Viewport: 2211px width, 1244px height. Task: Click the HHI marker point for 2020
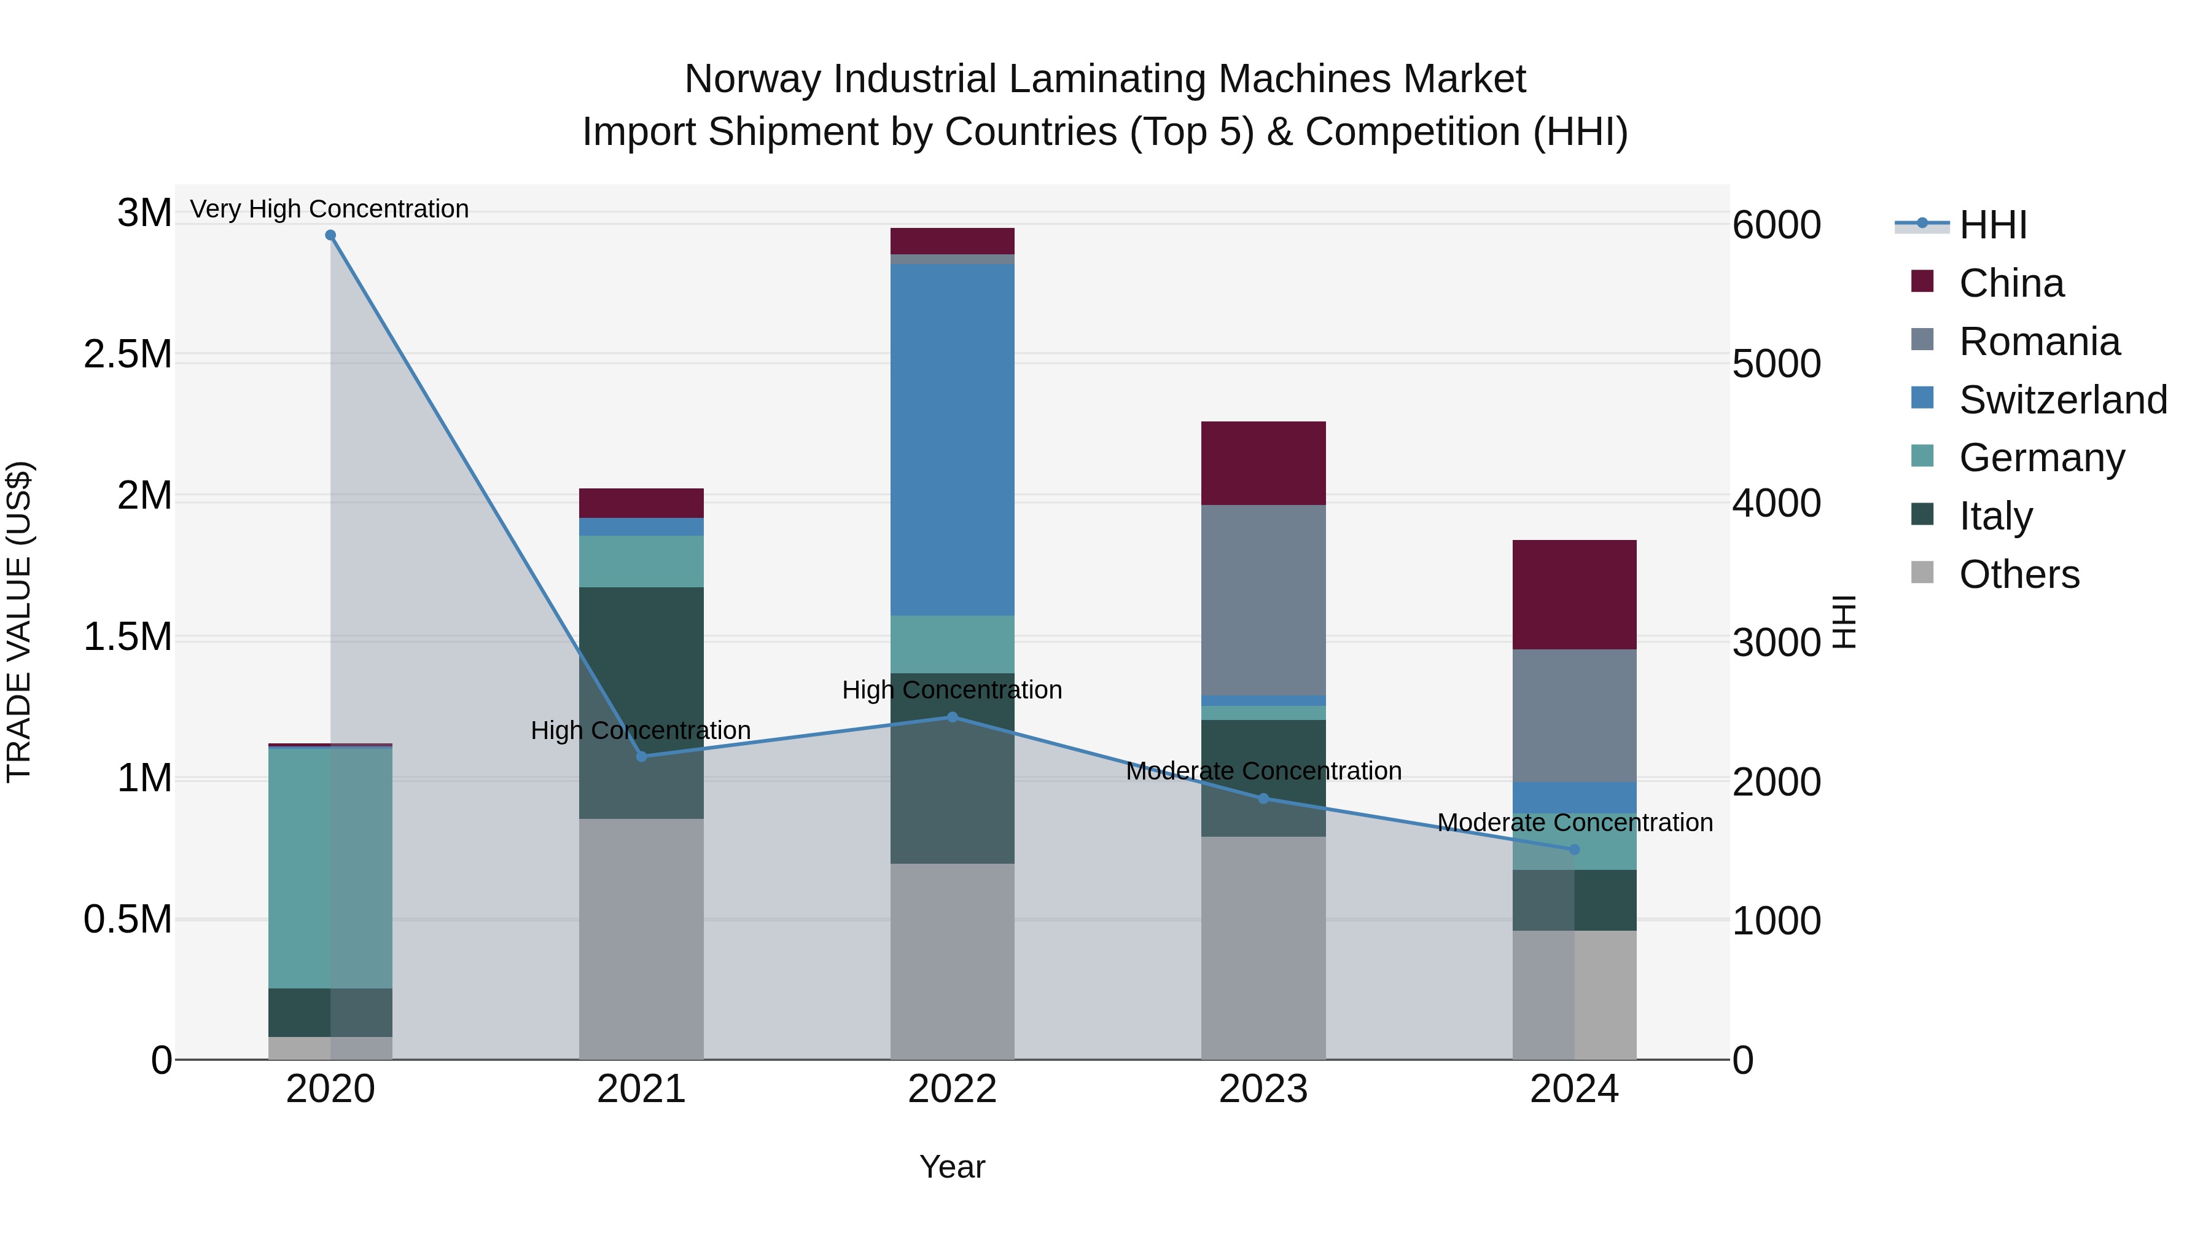point(330,235)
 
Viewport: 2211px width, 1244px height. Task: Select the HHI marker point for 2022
point(952,717)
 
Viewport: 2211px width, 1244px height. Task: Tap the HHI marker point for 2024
point(1574,849)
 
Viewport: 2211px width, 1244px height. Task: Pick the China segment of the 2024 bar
point(1574,594)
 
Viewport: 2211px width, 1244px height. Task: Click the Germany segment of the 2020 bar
point(330,867)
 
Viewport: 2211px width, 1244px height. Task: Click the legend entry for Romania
point(2039,342)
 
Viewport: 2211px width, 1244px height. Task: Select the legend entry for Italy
point(1995,516)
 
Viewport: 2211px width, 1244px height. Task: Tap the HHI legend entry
point(1993,225)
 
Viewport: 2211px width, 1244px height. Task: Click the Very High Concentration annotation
point(330,209)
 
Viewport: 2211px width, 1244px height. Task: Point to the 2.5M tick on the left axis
point(128,354)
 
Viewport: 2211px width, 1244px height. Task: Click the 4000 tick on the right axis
point(1776,503)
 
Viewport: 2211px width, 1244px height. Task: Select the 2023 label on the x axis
point(1263,1089)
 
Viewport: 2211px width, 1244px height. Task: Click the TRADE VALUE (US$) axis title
point(19,622)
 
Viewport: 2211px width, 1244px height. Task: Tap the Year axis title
point(952,1167)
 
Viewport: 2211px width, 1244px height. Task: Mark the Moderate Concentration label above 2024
point(1574,823)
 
